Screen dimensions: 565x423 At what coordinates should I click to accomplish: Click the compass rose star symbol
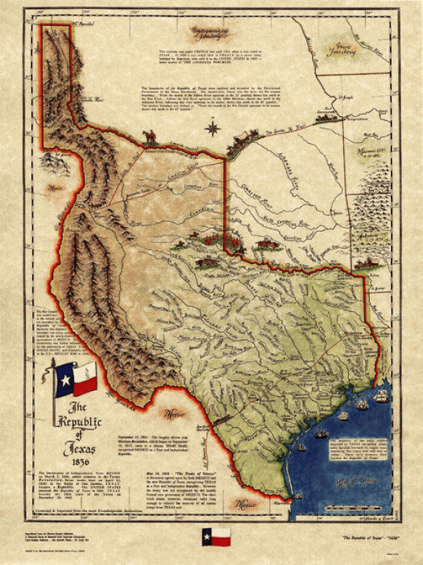212,128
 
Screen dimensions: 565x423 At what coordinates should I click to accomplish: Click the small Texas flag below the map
216,536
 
